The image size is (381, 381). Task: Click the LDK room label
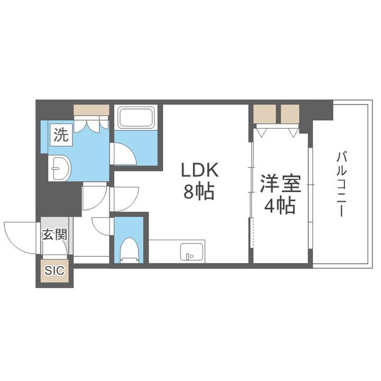click(200, 170)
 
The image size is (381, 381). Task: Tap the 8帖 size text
click(199, 193)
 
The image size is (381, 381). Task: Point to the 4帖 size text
click(279, 206)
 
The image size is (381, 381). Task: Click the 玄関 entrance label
click(55, 234)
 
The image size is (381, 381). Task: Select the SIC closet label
click(54, 271)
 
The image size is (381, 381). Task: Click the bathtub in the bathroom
click(137, 117)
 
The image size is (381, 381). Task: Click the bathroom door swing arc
click(125, 155)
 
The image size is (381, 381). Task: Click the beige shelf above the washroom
click(91, 111)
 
